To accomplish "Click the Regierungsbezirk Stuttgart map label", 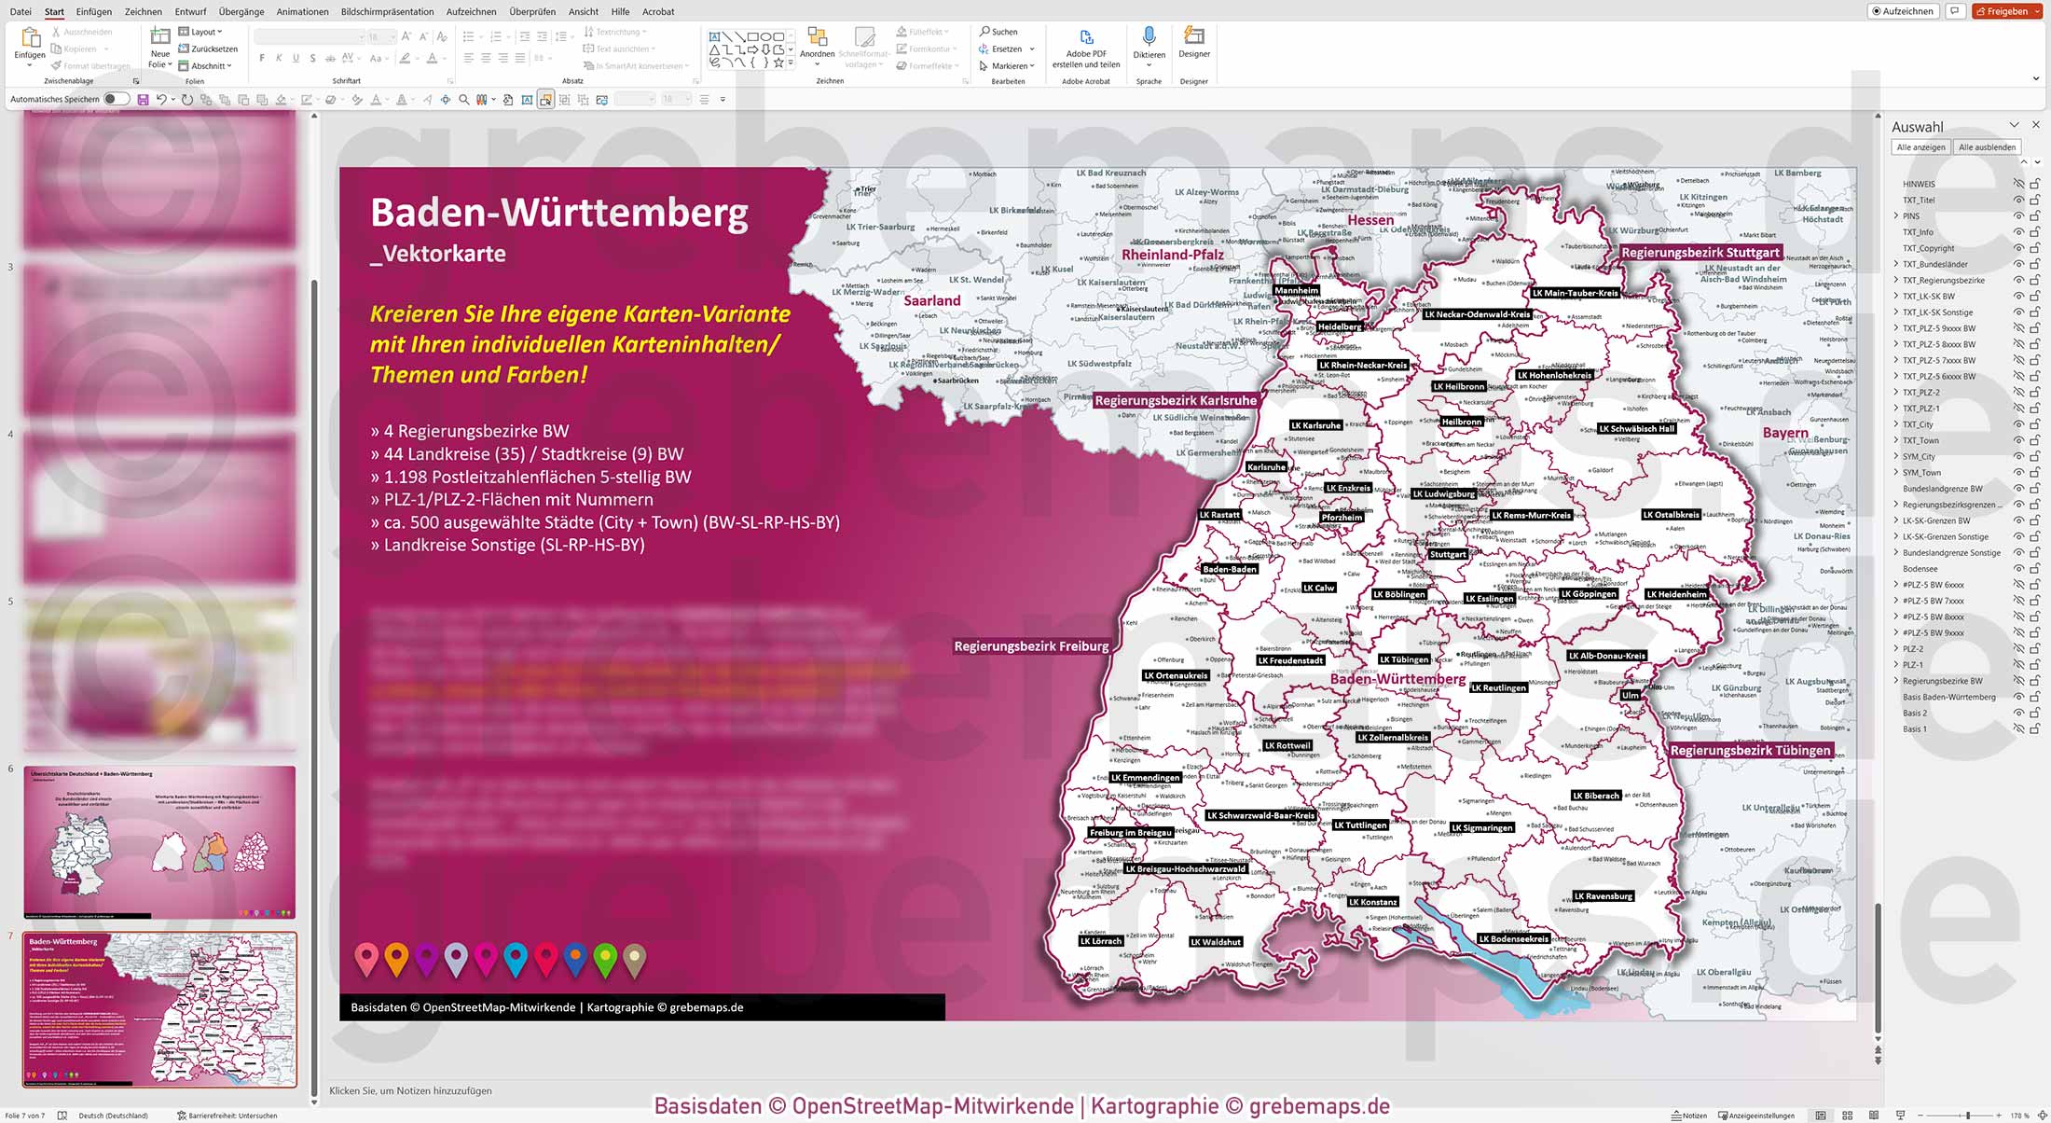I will click(1700, 253).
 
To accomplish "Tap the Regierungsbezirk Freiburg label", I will click(1031, 646).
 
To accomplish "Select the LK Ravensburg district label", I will click(1604, 896).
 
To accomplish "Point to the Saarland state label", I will click(931, 300).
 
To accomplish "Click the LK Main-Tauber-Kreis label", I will click(1576, 293).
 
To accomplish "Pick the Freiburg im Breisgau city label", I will click(1130, 833).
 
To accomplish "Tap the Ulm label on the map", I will click(1630, 695).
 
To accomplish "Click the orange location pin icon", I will click(396, 958).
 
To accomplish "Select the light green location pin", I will click(605, 958).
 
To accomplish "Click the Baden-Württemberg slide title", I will click(559, 213).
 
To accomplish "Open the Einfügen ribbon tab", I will click(93, 12).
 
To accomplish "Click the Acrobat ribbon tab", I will click(658, 12).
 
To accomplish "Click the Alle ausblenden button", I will click(1987, 147).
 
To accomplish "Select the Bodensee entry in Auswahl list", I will click(1920, 569).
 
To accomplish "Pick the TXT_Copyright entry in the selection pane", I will click(1928, 248).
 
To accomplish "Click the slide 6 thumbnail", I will click(159, 842).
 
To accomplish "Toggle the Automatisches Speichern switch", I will click(117, 99).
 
